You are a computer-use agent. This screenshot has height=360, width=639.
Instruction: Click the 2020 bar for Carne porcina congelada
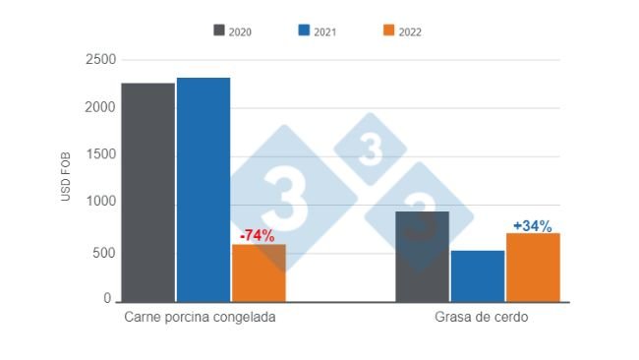148,192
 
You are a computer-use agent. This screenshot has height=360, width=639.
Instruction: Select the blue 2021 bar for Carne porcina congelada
203,189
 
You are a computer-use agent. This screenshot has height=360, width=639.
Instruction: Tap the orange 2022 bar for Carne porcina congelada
259,272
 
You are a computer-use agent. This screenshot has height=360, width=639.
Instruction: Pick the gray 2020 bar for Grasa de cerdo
423,256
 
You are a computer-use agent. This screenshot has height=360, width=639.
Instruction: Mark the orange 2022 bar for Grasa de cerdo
533,267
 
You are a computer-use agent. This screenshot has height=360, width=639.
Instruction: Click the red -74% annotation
258,236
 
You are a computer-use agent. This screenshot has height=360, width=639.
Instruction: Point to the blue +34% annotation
532,226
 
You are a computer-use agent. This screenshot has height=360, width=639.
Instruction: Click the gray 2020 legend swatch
219,30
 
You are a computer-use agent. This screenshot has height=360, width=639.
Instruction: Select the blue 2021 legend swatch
305,30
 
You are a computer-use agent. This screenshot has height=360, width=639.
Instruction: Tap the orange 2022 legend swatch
389,30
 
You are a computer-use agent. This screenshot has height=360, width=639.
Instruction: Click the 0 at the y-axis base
110,298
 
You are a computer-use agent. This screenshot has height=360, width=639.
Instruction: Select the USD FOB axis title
67,176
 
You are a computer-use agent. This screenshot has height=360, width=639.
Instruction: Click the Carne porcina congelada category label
200,320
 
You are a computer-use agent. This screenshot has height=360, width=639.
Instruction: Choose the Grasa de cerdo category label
481,320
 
